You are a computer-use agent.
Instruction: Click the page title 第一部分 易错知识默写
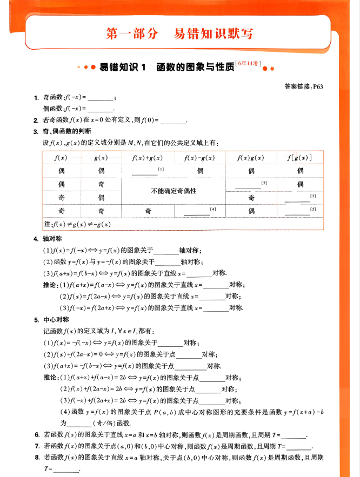click(x=179, y=33)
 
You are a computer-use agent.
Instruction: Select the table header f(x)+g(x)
click(x=148, y=158)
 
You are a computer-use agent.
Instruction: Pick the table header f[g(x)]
click(x=299, y=158)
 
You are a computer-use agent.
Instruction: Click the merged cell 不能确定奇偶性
click(x=174, y=191)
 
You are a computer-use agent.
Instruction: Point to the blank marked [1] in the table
click(x=145, y=173)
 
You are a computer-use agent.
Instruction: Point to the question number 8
click(x=37, y=458)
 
